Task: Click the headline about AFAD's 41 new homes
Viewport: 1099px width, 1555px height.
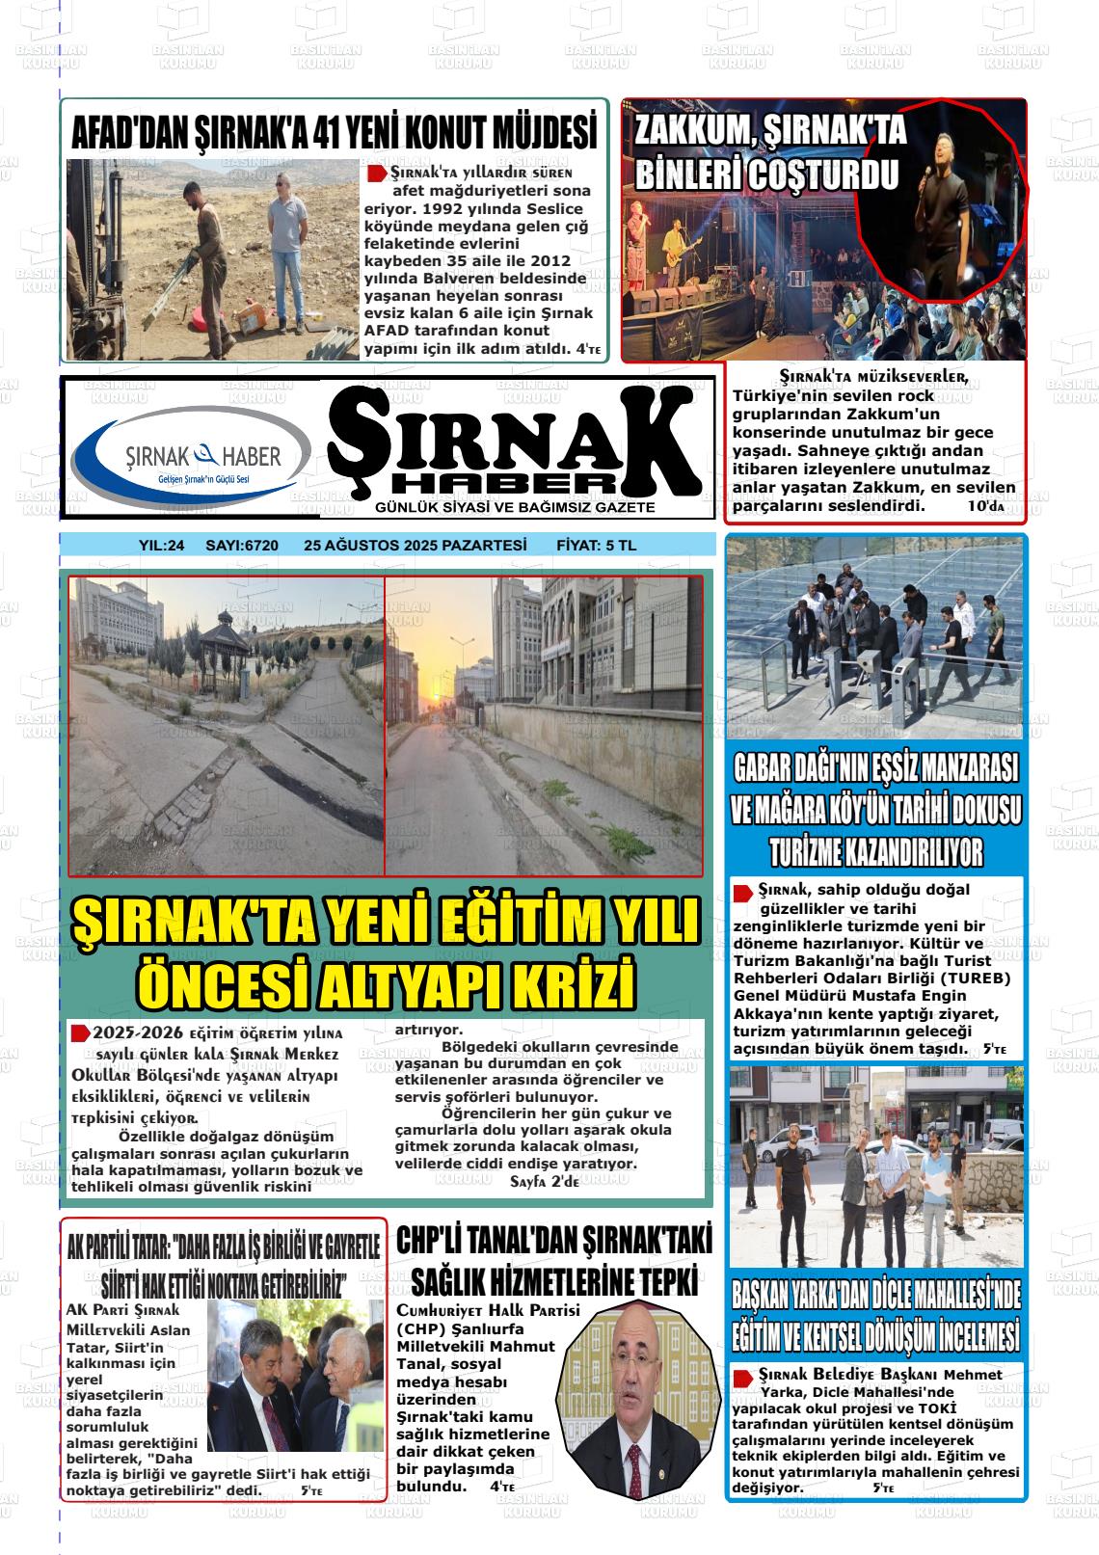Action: coord(334,133)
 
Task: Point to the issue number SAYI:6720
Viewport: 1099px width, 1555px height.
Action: coord(242,546)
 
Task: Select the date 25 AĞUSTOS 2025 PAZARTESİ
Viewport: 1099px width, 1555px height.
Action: coord(415,546)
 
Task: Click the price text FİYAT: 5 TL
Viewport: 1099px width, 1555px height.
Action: coord(596,546)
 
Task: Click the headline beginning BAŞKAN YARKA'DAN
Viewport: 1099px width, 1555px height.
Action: coord(875,1317)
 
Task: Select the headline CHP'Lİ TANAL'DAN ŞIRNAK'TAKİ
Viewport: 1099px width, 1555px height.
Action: coord(553,1262)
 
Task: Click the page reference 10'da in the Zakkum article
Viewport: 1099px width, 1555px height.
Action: coord(985,506)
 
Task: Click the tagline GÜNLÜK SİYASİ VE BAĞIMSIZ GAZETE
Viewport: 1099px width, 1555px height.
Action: coord(515,508)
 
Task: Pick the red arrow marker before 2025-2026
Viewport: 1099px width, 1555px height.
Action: coord(81,1032)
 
